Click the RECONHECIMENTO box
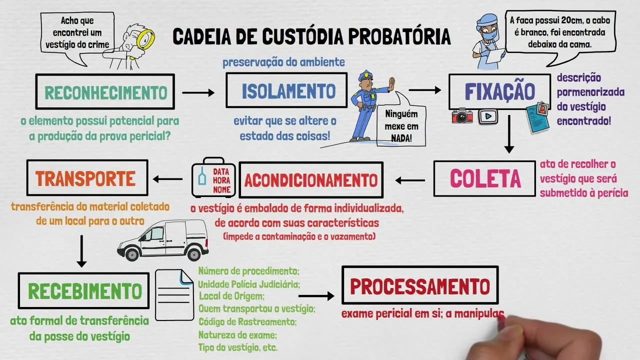click(x=105, y=91)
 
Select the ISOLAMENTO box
click(x=286, y=90)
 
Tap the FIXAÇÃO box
click(x=499, y=91)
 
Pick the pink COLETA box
click(x=484, y=178)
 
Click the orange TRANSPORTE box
click(x=86, y=178)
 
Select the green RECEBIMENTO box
click(x=83, y=290)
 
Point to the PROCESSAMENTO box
click(x=420, y=285)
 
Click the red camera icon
click(x=462, y=116)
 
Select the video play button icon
click(x=488, y=116)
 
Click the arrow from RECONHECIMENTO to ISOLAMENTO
click(x=198, y=92)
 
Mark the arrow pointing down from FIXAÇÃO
click(x=509, y=134)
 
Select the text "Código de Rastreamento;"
click(x=247, y=322)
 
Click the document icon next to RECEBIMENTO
click(x=174, y=295)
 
